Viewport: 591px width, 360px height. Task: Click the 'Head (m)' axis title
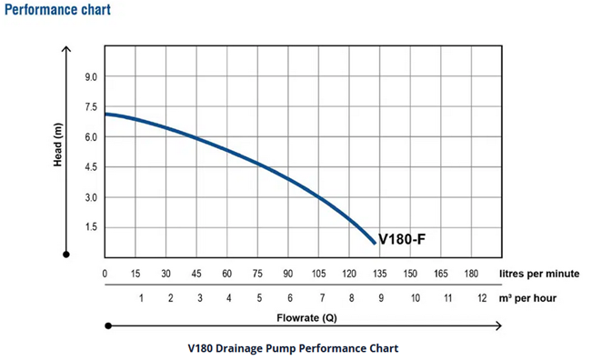pyautogui.click(x=57, y=145)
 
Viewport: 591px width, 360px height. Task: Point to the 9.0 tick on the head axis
pyautogui.click(x=90, y=77)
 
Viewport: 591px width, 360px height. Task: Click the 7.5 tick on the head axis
pyautogui.click(x=90, y=107)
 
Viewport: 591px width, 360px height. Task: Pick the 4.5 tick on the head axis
pyautogui.click(x=90, y=167)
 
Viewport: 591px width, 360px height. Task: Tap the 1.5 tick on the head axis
pyautogui.click(x=90, y=227)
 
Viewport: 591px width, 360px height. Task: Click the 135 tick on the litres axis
pyautogui.click(x=379, y=273)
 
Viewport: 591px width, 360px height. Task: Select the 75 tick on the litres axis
pyautogui.click(x=257, y=273)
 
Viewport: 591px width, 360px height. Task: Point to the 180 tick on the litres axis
pyautogui.click(x=471, y=273)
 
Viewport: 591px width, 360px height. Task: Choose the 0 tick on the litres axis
pyautogui.click(x=105, y=273)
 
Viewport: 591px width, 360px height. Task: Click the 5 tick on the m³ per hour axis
pyautogui.click(x=259, y=298)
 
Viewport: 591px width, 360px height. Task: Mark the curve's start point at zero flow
pyautogui.click(x=106, y=114)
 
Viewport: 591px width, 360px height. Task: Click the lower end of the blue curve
pyautogui.click(x=374, y=243)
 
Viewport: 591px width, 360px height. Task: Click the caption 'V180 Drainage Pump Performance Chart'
pyautogui.click(x=293, y=347)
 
